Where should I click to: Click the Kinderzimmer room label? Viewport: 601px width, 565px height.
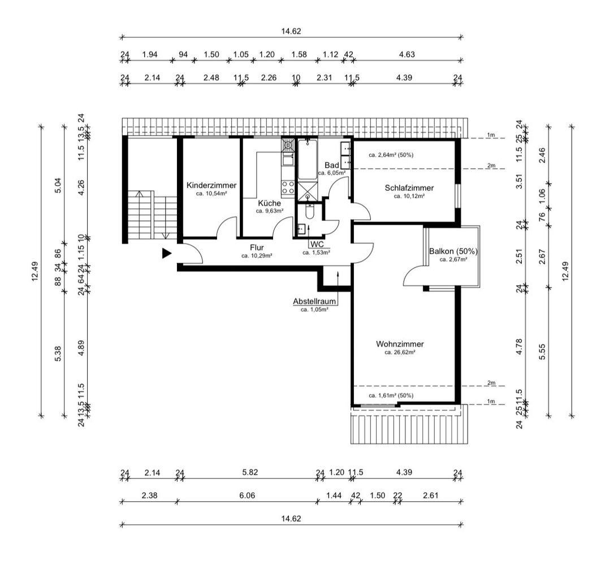pyautogui.click(x=211, y=185)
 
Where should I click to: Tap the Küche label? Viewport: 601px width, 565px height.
pyautogui.click(x=270, y=203)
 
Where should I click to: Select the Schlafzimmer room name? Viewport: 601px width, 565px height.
pyautogui.click(x=409, y=188)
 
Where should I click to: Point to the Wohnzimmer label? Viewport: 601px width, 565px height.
pyautogui.click(x=400, y=344)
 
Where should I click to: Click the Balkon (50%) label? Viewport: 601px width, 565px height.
pyautogui.click(x=453, y=251)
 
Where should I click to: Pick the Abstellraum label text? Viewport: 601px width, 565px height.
pyautogui.click(x=314, y=302)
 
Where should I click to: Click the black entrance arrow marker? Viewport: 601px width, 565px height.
pyautogui.click(x=166, y=253)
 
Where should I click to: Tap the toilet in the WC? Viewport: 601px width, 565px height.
pyautogui.click(x=310, y=211)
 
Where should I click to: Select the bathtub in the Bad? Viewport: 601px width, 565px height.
pyautogui.click(x=308, y=160)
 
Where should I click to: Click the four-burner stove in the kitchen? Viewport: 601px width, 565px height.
pyautogui.click(x=288, y=188)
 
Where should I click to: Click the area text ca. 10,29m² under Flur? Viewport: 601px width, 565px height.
pyautogui.click(x=257, y=256)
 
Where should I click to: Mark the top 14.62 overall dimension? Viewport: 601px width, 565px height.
pyautogui.click(x=291, y=32)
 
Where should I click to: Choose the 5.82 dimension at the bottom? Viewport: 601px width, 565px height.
pyautogui.click(x=250, y=472)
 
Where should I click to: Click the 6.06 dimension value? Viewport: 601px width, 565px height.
pyautogui.click(x=247, y=496)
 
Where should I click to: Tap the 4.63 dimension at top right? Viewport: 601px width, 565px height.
pyautogui.click(x=407, y=54)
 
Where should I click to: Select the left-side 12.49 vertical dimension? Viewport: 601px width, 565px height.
pyautogui.click(x=35, y=271)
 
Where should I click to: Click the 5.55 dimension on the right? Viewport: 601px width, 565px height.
pyautogui.click(x=542, y=351)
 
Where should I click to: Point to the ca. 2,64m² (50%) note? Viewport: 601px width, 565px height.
pyautogui.click(x=391, y=155)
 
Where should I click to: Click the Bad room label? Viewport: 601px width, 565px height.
pyautogui.click(x=331, y=165)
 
